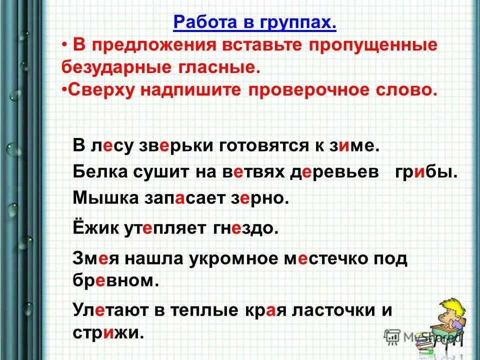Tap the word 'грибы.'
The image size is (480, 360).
click(425, 172)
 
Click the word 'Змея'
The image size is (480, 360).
click(96, 258)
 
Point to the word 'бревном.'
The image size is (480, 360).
click(115, 280)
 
